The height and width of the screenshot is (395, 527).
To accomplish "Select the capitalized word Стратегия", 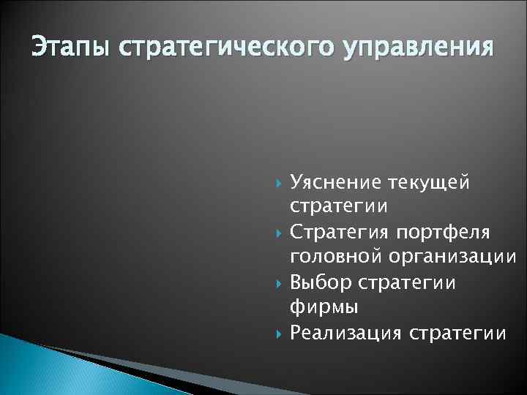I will pos(340,232).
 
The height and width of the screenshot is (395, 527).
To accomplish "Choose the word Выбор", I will pos(320,282).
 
